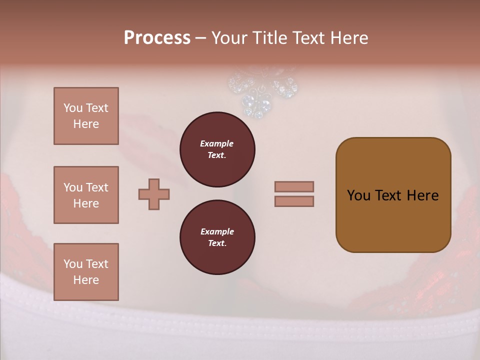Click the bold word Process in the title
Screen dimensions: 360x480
(157, 38)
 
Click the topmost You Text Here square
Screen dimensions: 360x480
(86, 116)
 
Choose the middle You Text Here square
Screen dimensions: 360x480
(86, 195)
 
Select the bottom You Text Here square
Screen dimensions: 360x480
(86, 272)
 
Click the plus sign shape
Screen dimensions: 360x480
(154, 194)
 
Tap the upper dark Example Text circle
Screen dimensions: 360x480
(217, 149)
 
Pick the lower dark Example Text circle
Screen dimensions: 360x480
(217, 237)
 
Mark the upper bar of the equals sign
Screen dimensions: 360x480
(294, 186)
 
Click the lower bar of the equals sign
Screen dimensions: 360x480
(294, 201)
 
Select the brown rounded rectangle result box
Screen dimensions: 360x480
(393, 195)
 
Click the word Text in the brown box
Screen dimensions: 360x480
(389, 195)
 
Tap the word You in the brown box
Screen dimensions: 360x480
(358, 195)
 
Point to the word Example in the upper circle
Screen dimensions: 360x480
(217, 143)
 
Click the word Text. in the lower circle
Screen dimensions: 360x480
(217, 243)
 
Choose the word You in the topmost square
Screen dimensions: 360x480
(72, 108)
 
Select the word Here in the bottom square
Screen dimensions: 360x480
(86, 280)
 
